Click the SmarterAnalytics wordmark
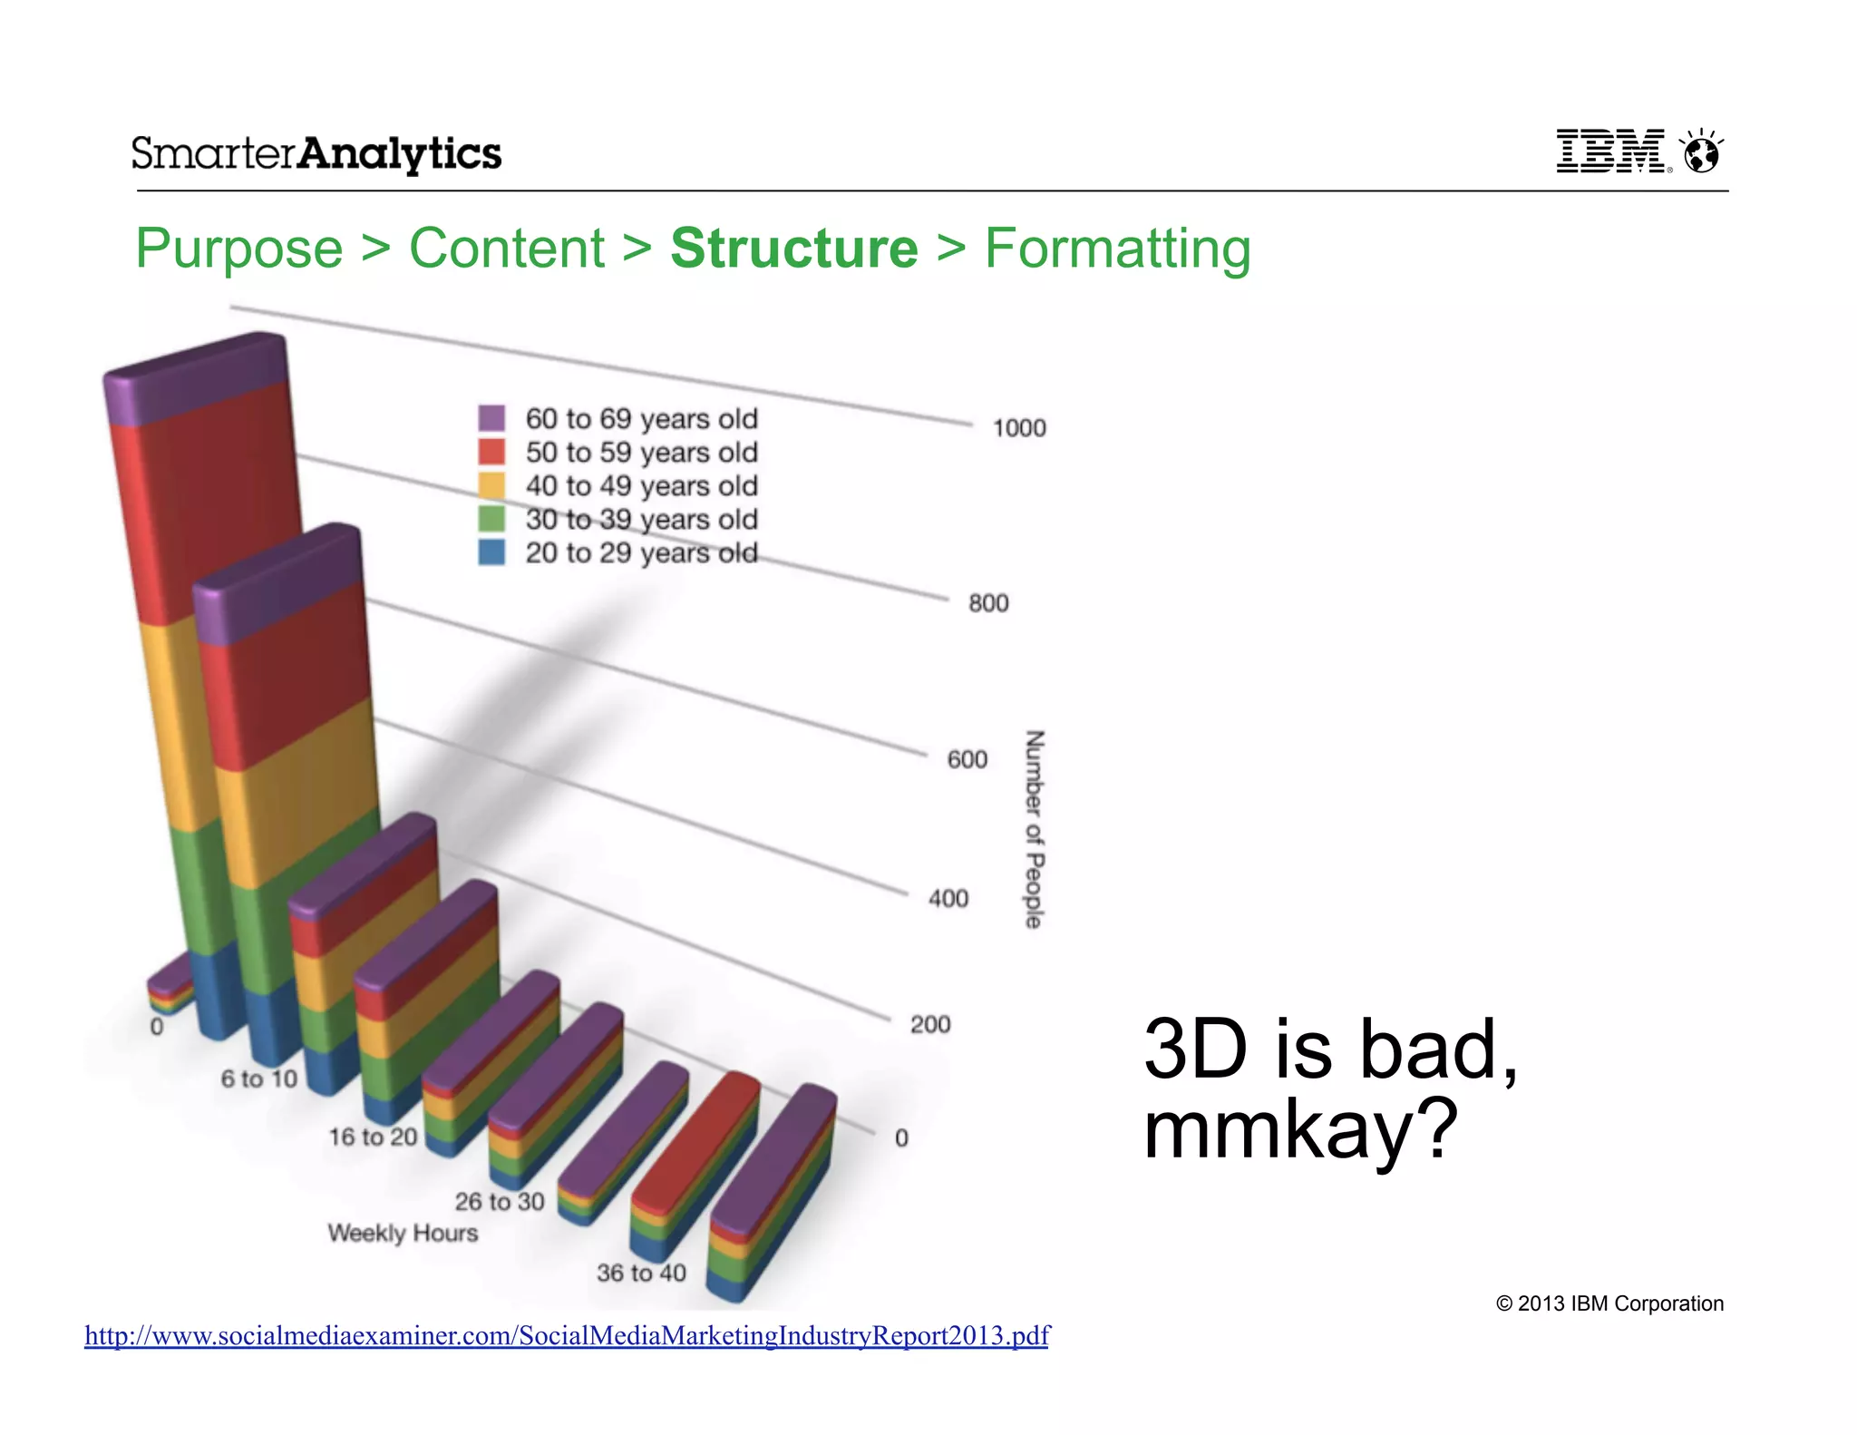(x=316, y=153)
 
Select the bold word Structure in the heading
(x=794, y=249)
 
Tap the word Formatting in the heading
(x=1117, y=249)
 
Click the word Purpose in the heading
(x=239, y=249)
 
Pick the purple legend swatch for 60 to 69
(x=491, y=418)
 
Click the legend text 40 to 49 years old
(x=641, y=486)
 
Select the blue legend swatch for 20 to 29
(x=491, y=552)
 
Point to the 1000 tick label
(x=1018, y=428)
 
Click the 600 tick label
(x=967, y=759)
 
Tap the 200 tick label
(x=930, y=1025)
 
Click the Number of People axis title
(x=1035, y=829)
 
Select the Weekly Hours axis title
(x=403, y=1233)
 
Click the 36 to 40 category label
(x=641, y=1273)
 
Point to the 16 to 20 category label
(x=373, y=1137)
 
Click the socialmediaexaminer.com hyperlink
(x=567, y=1335)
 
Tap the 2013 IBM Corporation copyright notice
(x=1609, y=1303)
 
